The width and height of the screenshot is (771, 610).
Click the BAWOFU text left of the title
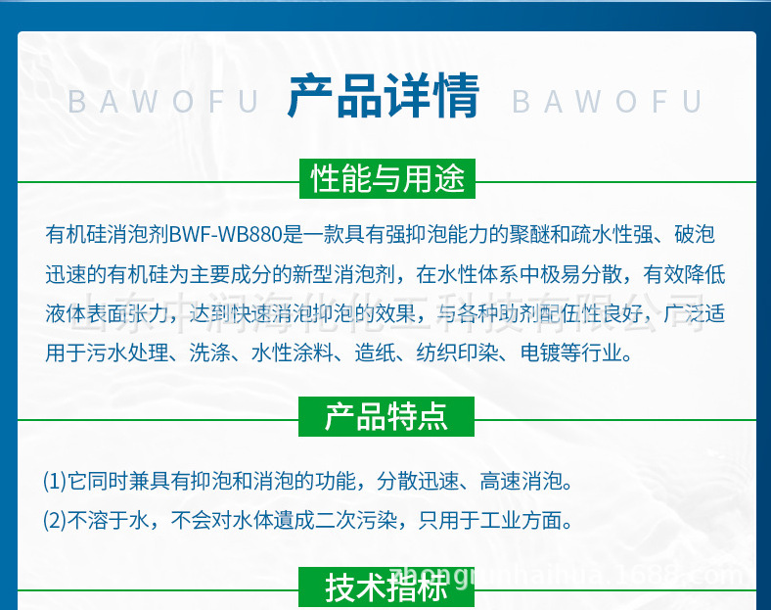[x=163, y=102]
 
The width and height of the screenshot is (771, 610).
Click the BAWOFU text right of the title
[x=607, y=102]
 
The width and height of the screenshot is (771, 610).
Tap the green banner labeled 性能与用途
[x=386, y=179]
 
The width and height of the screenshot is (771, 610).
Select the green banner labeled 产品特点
[x=385, y=416]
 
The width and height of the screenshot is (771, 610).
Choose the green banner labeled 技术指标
[x=385, y=587]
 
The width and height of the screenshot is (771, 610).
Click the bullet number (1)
[x=54, y=481]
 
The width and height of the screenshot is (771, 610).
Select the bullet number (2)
[x=54, y=520]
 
